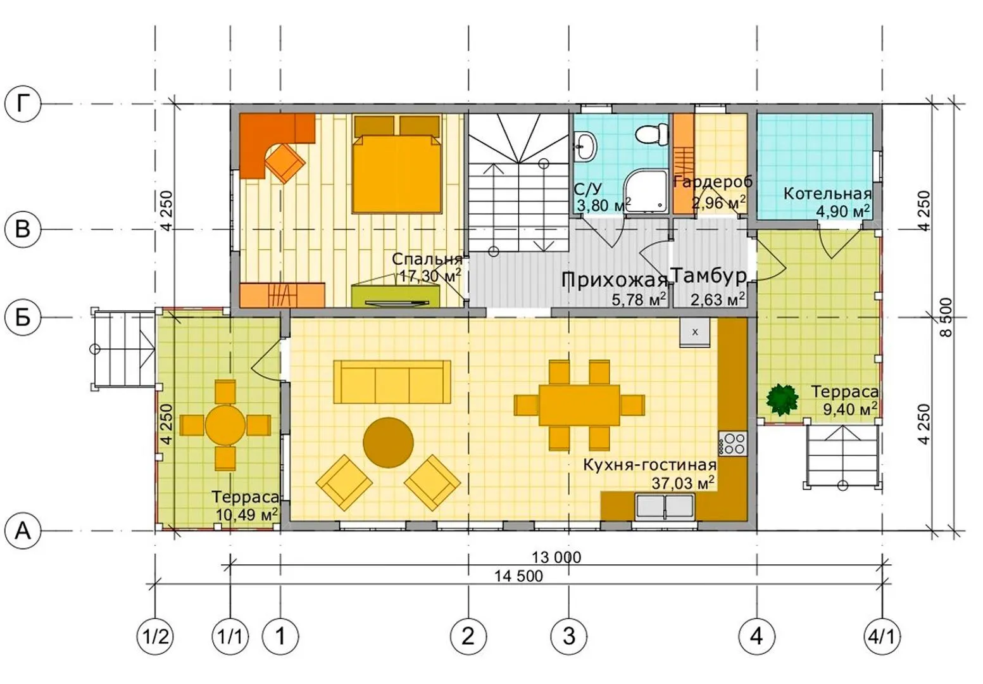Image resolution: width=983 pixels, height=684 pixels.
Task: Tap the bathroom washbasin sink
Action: [585, 147]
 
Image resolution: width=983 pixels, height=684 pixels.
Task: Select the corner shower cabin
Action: [646, 192]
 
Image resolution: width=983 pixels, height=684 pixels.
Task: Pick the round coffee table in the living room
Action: [388, 443]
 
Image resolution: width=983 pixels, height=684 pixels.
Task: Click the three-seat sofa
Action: [392, 381]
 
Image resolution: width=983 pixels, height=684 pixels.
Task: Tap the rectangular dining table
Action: [579, 405]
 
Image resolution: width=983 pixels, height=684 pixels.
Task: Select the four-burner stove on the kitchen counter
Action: [732, 443]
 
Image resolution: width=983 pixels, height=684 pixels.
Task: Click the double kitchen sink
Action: [665, 507]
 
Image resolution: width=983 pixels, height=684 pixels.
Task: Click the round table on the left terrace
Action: [225, 426]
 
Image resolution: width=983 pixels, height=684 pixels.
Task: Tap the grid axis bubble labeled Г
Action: [23, 104]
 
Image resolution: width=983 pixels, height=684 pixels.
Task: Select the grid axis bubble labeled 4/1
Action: [882, 636]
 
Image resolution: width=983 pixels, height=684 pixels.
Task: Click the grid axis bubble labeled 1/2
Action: [155, 636]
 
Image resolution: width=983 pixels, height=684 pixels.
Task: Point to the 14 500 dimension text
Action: [518, 576]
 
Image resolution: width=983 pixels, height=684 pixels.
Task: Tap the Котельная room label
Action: [828, 194]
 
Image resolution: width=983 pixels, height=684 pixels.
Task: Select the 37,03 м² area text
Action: [683, 483]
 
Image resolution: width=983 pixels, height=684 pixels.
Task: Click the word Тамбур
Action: [708, 275]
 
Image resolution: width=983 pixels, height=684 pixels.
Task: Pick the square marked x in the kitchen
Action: [694, 332]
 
